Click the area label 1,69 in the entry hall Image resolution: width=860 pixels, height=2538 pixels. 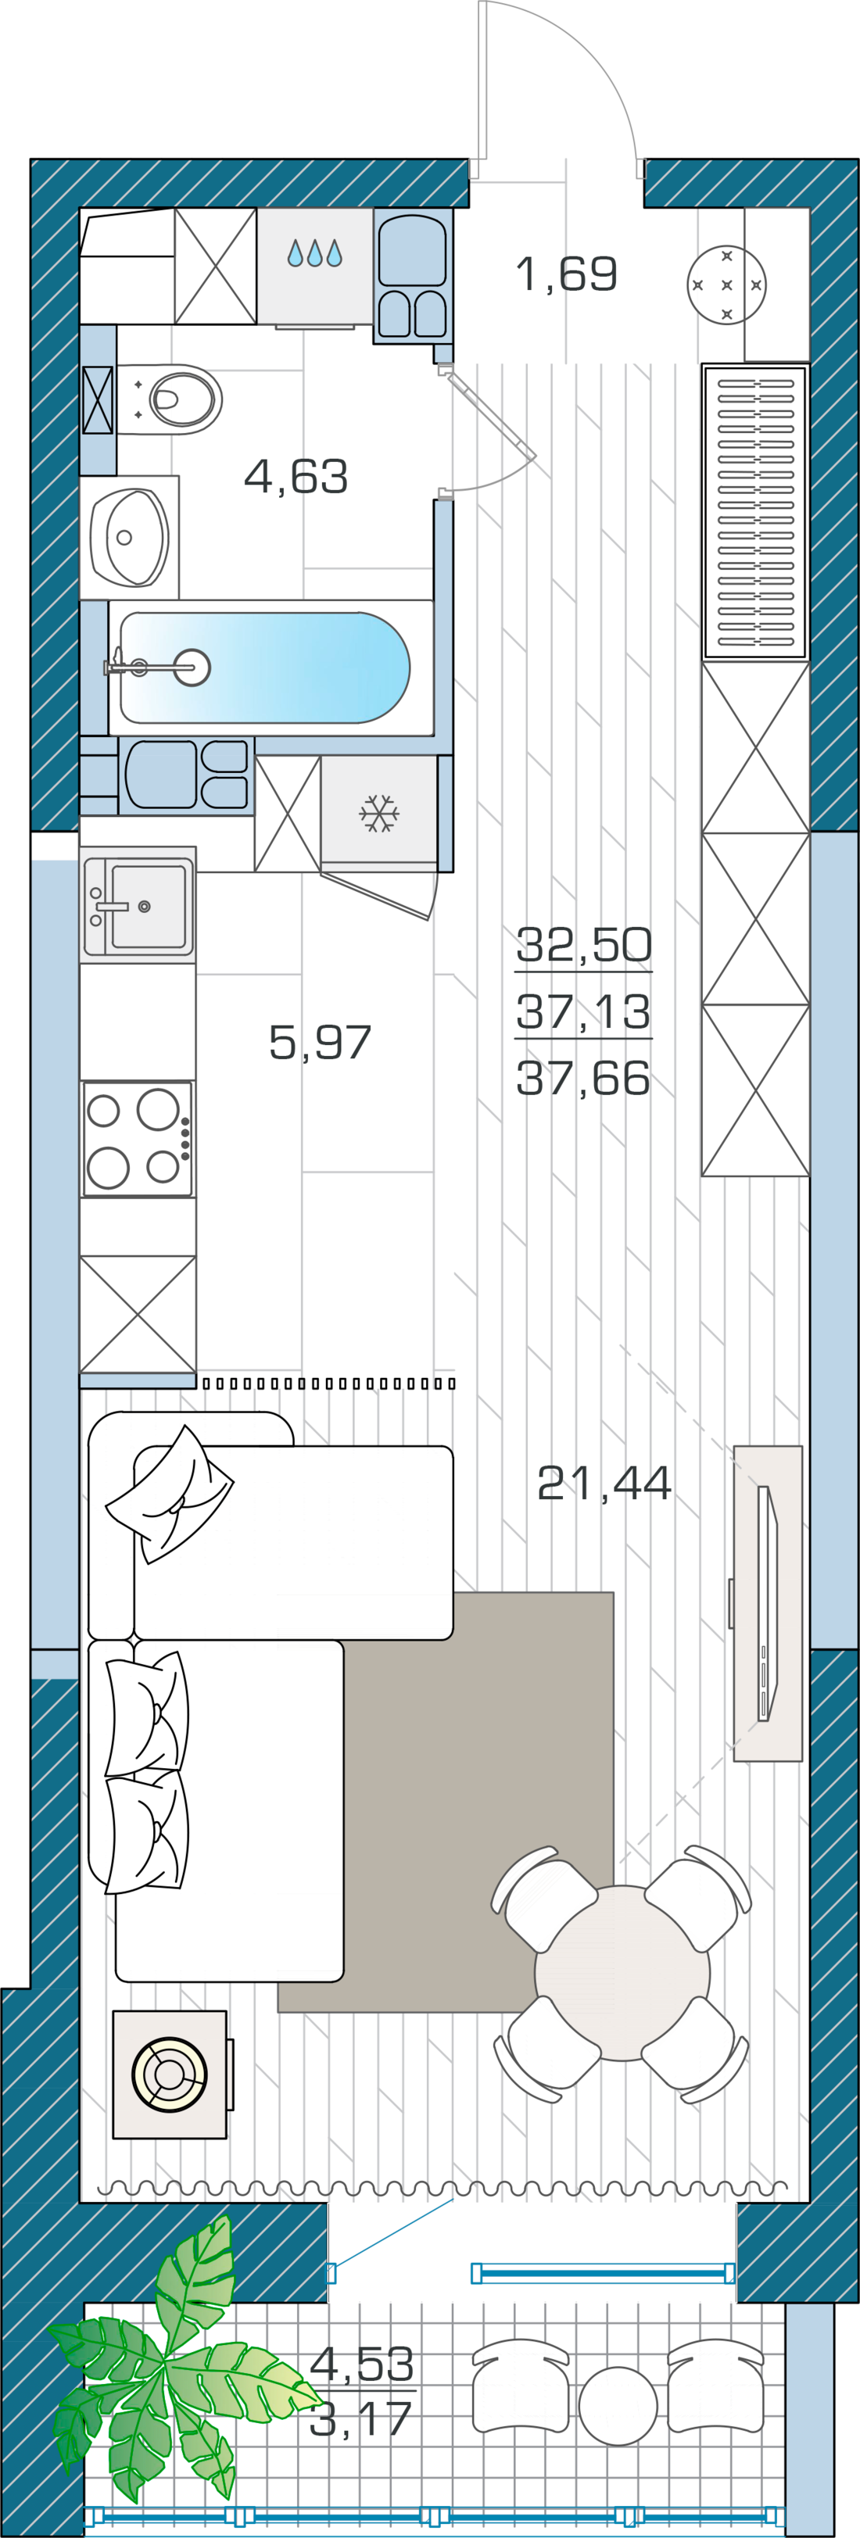[x=567, y=274]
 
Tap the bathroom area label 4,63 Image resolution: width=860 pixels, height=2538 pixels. [x=296, y=477]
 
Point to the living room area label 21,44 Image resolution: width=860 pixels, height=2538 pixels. [x=604, y=1483]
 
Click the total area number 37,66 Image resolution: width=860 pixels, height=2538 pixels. [x=583, y=1078]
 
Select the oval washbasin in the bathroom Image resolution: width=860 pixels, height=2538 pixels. [x=129, y=537]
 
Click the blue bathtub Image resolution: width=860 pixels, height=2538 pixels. [x=264, y=668]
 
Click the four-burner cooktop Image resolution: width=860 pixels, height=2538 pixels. [x=138, y=1139]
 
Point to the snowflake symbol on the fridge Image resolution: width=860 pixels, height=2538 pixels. [x=378, y=813]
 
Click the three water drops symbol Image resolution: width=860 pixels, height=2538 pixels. [x=314, y=253]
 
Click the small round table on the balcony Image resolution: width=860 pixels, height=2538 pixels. [x=618, y=2406]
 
